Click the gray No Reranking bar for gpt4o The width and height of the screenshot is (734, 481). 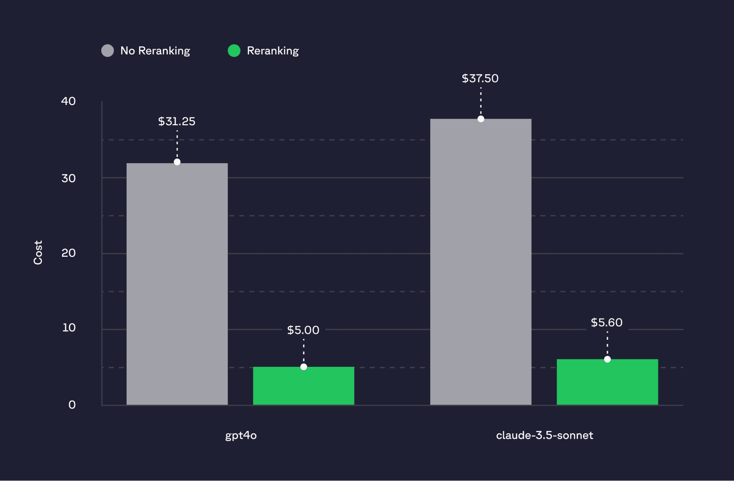pyautogui.click(x=177, y=284)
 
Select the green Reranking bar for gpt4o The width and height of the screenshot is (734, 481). pyautogui.click(x=303, y=386)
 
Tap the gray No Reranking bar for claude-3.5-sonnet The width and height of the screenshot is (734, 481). pyautogui.click(x=480, y=262)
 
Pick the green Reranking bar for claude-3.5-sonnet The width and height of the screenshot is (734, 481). pyautogui.click(x=607, y=382)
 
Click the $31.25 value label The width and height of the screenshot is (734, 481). pyautogui.click(x=177, y=122)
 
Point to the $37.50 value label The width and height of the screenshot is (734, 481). pyautogui.click(x=480, y=78)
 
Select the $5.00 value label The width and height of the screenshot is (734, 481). pyautogui.click(x=303, y=330)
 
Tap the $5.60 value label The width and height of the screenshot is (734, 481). pyautogui.click(x=606, y=322)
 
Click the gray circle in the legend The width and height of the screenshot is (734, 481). pyautogui.click(x=107, y=50)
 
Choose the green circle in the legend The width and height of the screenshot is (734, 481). pyautogui.click(x=234, y=50)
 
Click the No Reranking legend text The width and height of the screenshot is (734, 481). pyautogui.click(x=155, y=51)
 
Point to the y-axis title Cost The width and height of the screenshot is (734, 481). pyautogui.click(x=38, y=253)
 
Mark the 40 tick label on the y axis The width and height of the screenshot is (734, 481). pyautogui.click(x=68, y=101)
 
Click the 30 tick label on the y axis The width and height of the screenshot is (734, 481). pyautogui.click(x=68, y=178)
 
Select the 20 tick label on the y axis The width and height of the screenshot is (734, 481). pyautogui.click(x=68, y=253)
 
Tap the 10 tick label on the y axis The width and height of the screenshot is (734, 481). pyautogui.click(x=69, y=328)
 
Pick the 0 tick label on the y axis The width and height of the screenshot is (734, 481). pyautogui.click(x=72, y=405)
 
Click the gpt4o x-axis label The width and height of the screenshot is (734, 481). pyautogui.click(x=241, y=435)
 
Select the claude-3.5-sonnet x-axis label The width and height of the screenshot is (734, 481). pyautogui.click(x=545, y=435)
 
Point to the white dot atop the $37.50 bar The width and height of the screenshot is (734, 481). pyautogui.click(x=481, y=119)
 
